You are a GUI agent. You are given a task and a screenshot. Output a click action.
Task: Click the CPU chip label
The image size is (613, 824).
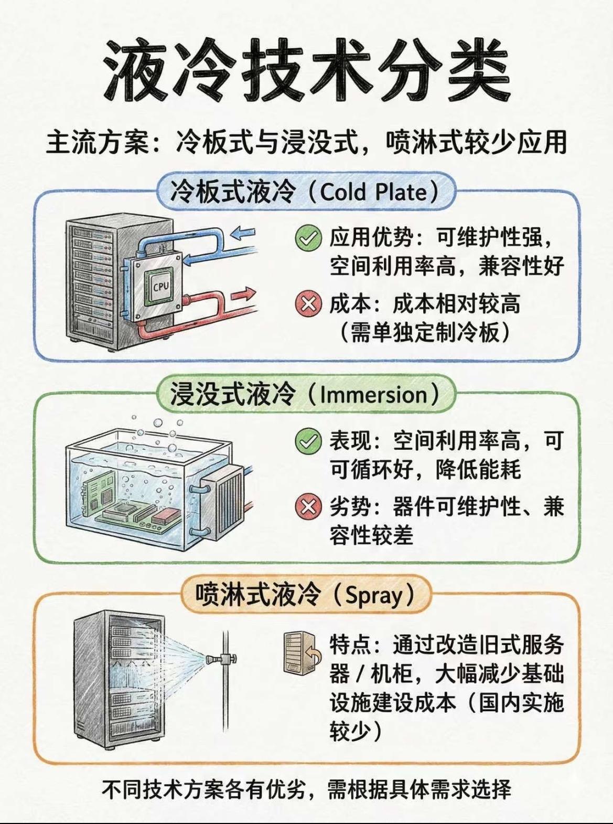[160, 287]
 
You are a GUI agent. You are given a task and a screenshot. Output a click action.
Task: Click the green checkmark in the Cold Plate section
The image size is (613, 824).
[308, 238]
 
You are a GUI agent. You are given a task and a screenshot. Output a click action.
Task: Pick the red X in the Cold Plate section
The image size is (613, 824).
[308, 304]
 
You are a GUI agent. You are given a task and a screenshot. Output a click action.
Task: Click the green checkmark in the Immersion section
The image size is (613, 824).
[308, 441]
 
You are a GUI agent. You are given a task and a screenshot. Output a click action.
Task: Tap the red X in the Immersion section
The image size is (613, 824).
[308, 507]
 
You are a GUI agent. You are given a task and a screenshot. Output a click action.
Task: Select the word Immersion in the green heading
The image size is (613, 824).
[373, 395]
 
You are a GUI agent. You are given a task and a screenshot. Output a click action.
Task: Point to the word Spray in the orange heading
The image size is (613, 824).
[374, 596]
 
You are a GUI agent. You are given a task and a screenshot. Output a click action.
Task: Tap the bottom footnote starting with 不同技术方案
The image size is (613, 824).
[306, 789]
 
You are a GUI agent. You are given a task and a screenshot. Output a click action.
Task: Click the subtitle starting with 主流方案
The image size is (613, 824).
[306, 142]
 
